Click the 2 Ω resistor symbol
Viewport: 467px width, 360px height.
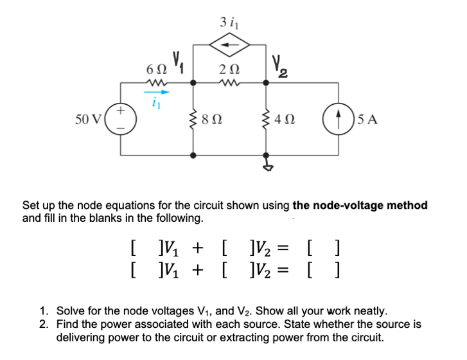click(231, 82)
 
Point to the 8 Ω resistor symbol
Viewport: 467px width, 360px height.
click(193, 119)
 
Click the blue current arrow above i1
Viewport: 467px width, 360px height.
click(158, 92)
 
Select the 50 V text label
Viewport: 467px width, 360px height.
click(87, 120)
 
